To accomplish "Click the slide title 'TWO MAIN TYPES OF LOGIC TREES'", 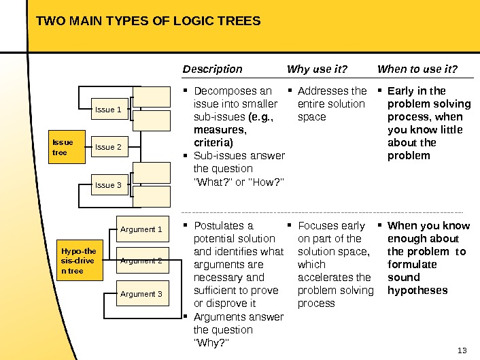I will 148,21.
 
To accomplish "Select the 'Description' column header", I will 212,69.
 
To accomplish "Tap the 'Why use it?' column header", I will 317,69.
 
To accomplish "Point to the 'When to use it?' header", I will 417,69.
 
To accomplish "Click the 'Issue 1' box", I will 109,109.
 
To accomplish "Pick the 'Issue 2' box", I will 109,147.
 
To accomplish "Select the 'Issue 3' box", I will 109,185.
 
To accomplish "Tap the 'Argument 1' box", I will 141,229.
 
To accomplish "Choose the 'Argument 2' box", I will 141,261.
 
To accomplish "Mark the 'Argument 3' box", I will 141,294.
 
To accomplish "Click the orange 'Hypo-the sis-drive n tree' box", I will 80,261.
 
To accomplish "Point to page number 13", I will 463,350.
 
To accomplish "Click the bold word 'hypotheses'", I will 417,291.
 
